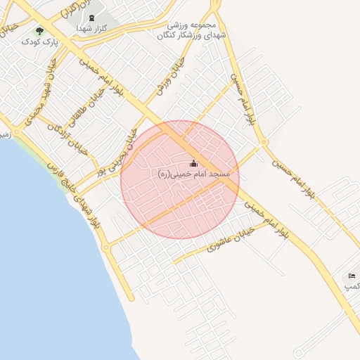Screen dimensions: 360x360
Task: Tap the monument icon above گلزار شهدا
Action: [91, 17]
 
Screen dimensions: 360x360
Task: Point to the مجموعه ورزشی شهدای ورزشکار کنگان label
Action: [191, 29]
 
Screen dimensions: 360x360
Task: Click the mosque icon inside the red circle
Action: [194, 164]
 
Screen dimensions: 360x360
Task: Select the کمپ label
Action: [352, 286]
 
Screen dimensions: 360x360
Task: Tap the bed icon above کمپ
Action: [352, 276]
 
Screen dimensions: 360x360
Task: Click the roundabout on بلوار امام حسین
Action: [264, 143]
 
